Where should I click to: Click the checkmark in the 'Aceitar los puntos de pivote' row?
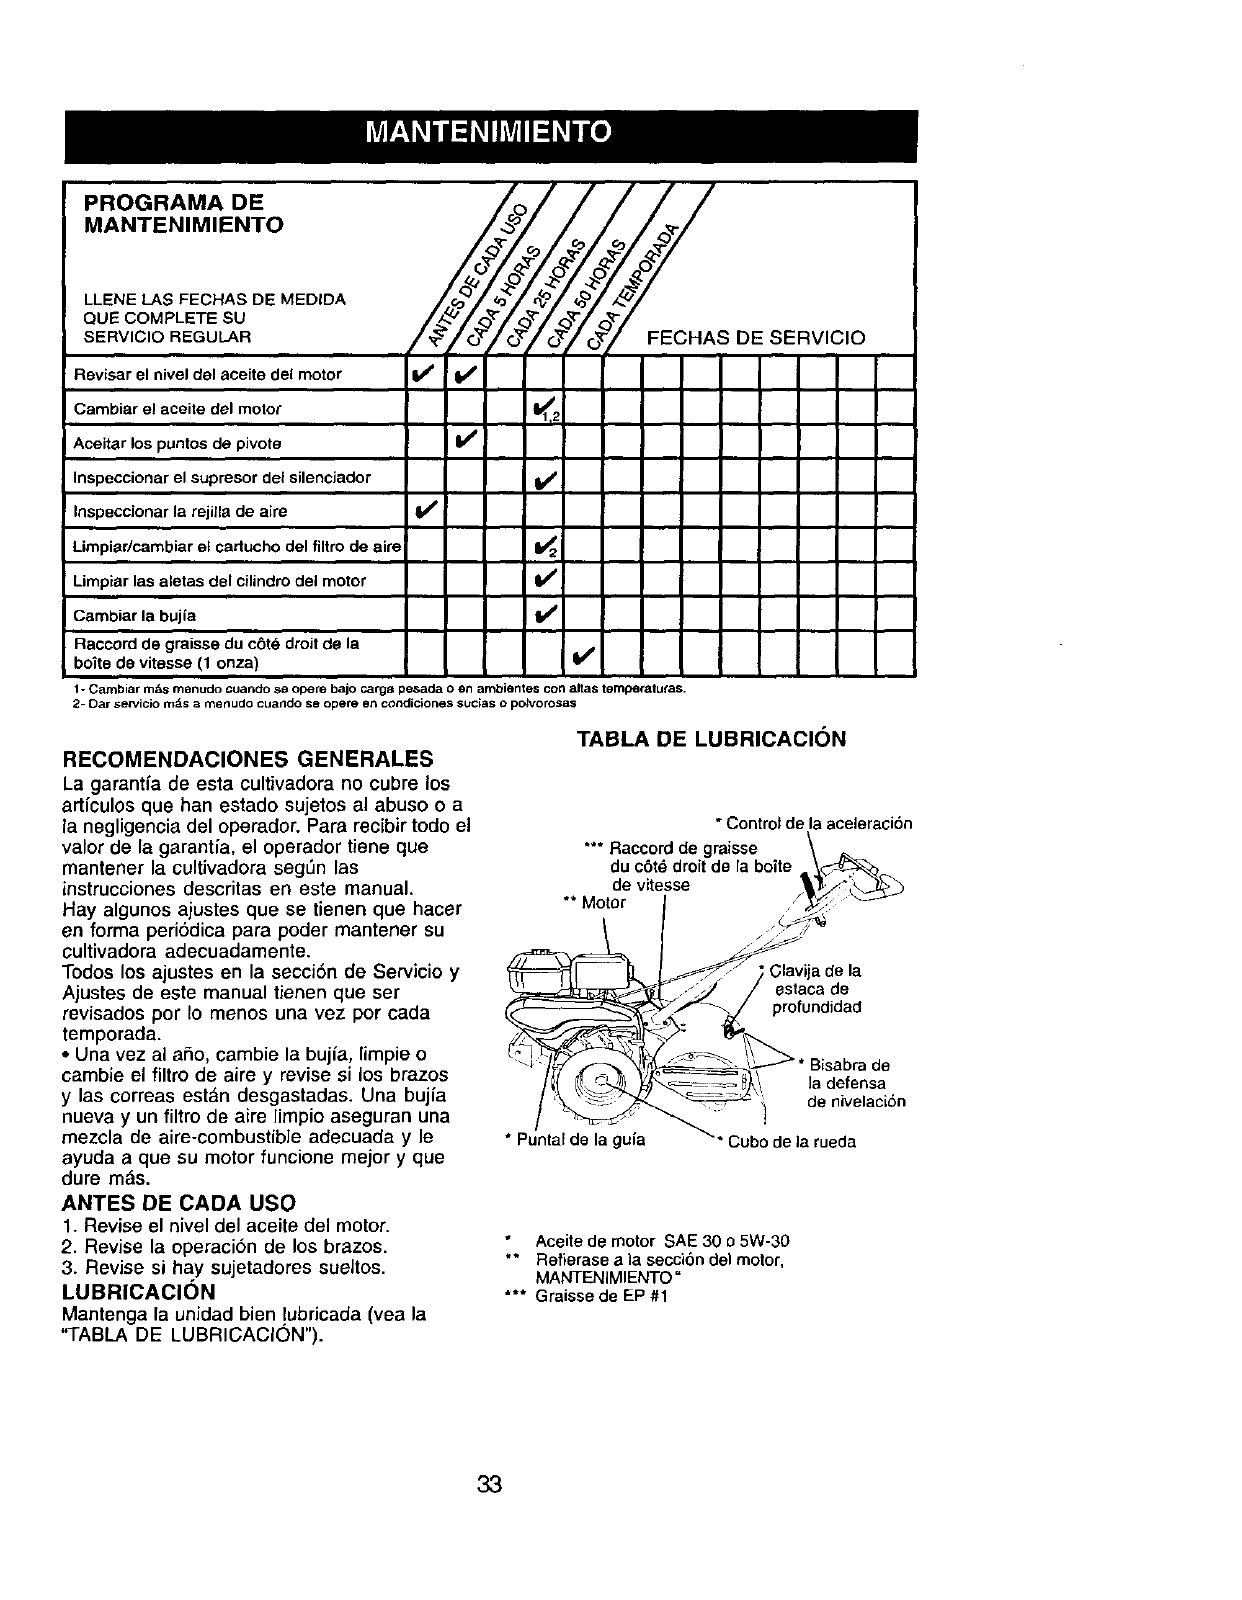(x=465, y=441)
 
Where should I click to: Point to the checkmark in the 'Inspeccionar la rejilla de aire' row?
(x=425, y=511)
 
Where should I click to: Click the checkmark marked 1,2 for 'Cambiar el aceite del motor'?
(x=543, y=407)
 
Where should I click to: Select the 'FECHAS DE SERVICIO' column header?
(x=756, y=338)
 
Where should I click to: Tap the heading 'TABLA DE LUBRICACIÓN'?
(x=711, y=739)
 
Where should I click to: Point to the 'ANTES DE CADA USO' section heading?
(x=179, y=1201)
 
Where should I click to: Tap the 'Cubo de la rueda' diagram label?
(x=791, y=1142)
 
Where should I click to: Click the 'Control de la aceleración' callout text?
(x=816, y=824)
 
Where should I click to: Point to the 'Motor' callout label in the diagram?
(x=602, y=903)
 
